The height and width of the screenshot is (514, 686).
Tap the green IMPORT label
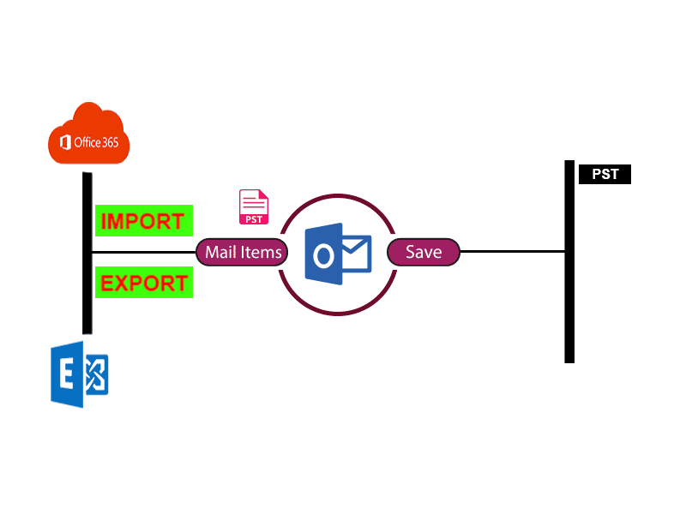point(143,221)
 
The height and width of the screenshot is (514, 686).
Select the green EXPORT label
point(143,283)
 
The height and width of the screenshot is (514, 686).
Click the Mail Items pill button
point(243,252)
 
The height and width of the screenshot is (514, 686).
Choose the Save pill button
point(424,252)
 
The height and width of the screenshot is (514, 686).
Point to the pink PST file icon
point(254,207)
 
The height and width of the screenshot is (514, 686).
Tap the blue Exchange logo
point(79,374)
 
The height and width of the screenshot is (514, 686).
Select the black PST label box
point(605,174)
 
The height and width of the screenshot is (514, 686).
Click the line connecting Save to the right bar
point(512,252)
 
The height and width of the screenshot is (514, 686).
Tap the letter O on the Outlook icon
point(323,256)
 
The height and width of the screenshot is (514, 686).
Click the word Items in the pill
point(262,252)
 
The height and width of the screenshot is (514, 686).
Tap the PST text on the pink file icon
point(254,218)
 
